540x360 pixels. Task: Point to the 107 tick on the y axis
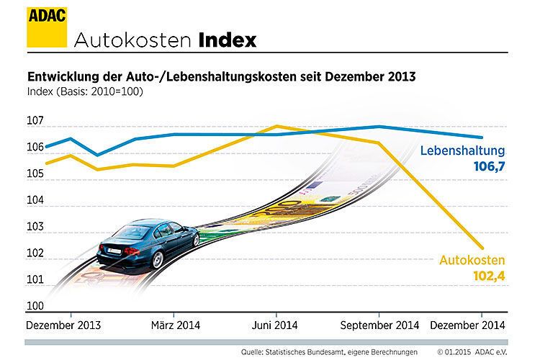(x=36, y=120)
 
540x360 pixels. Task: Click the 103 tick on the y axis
(x=36, y=227)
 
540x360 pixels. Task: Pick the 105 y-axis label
(x=36, y=174)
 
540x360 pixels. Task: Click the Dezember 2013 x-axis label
(x=63, y=325)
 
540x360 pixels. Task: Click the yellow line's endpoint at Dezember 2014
(x=482, y=246)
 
